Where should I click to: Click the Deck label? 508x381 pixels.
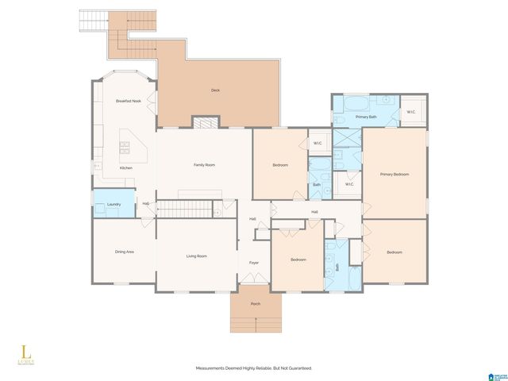pos(215,90)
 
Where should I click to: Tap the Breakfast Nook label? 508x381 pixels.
pos(128,101)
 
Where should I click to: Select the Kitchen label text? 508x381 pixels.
pos(126,168)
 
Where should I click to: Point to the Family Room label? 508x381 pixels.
pos(205,165)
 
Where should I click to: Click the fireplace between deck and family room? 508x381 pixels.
pos(205,123)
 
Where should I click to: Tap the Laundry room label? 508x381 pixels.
pos(114,205)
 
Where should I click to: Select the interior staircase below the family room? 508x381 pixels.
pos(186,209)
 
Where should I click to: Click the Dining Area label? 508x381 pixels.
pos(124,252)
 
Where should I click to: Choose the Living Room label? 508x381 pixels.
pos(197,256)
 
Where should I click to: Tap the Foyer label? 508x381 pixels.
pos(254,262)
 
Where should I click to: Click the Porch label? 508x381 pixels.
pos(255,303)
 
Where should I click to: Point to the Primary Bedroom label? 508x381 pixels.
pos(394,175)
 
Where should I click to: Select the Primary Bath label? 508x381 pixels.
pos(366,117)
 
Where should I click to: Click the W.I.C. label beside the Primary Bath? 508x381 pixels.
pos(411,112)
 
